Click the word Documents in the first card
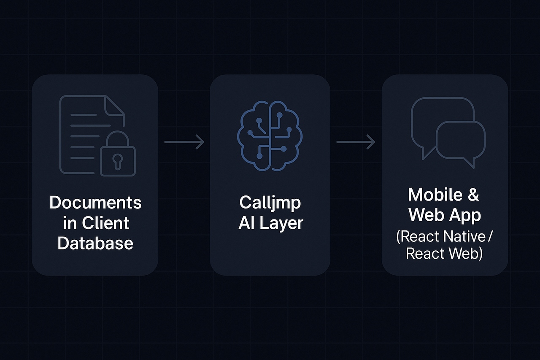[95, 203]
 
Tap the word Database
[95, 243]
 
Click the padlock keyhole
[118, 160]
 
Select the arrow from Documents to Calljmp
[184, 142]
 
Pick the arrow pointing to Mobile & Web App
[356, 142]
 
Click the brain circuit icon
[270, 135]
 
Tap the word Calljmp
[270, 203]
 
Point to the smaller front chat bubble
[461, 141]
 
